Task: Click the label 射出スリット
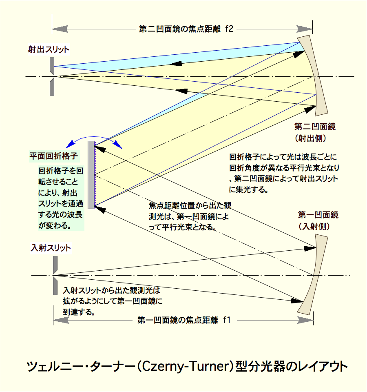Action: click(x=49, y=49)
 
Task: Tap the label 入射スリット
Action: click(x=51, y=248)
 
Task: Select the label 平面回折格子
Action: click(x=54, y=156)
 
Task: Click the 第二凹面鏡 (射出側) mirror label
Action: click(x=315, y=132)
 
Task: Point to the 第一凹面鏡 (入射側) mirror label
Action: click(x=318, y=220)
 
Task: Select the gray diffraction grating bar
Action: click(x=91, y=175)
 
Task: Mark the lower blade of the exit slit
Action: click(x=52, y=87)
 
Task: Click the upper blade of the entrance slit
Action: click(x=55, y=265)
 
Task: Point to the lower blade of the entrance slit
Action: click(x=55, y=286)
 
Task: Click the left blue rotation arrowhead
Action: click(x=71, y=144)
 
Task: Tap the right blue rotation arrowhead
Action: click(x=118, y=145)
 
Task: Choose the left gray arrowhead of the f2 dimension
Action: click(x=60, y=29)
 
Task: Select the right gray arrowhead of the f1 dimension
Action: click(x=305, y=320)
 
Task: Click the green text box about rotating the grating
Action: click(x=61, y=198)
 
